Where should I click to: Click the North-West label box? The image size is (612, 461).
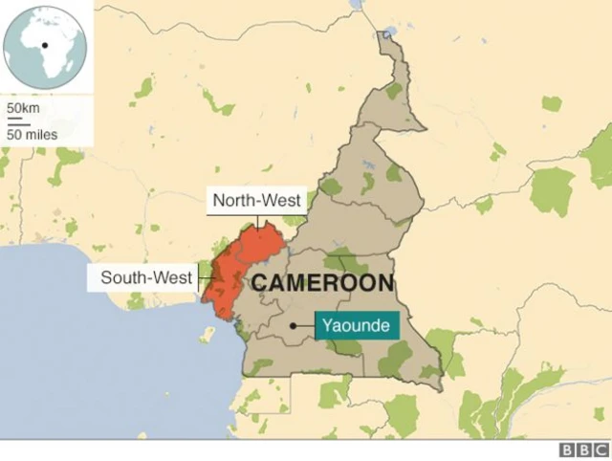tap(257, 201)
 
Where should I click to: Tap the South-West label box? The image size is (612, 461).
tap(142, 279)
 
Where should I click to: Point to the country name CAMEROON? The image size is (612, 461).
tap(322, 283)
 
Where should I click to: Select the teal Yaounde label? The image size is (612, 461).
tap(356, 326)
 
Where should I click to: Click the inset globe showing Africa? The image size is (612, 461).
tap(45, 46)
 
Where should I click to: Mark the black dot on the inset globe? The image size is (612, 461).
tap(44, 45)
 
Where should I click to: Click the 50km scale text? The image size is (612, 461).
tap(23, 108)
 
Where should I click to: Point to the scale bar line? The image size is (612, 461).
tap(15, 120)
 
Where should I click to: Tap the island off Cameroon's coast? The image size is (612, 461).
tap(208, 336)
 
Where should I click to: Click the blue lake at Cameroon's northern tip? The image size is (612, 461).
tap(386, 33)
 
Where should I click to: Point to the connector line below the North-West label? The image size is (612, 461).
tap(257, 221)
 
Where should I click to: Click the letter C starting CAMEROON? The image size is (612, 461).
tap(259, 283)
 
